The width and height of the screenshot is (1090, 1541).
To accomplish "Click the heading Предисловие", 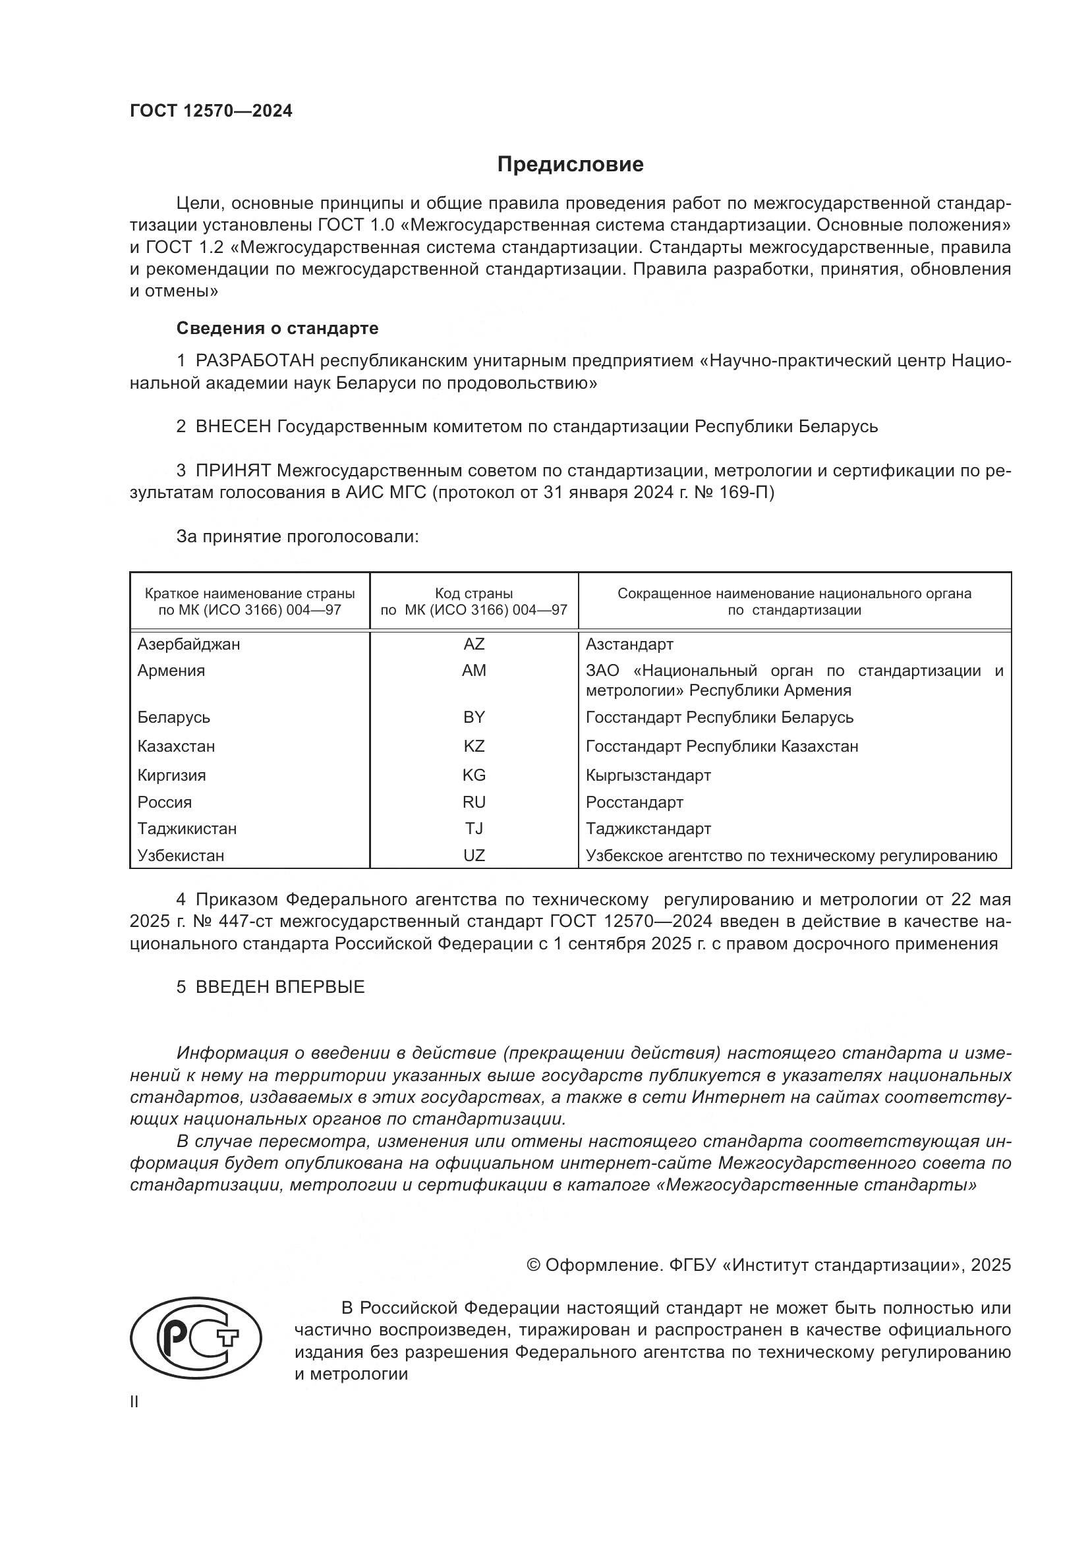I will tap(570, 165).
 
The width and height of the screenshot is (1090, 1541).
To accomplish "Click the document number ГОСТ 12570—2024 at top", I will tap(211, 111).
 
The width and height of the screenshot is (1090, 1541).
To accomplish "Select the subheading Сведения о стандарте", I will tap(277, 328).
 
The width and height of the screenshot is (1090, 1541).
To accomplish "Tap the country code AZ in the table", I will tap(473, 644).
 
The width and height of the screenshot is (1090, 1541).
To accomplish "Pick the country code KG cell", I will tap(473, 775).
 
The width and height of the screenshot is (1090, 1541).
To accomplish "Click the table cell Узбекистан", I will tap(181, 856).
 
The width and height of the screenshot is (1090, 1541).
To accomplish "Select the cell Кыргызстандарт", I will tap(648, 775).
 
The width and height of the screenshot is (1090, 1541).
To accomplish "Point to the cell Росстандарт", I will tap(634, 802).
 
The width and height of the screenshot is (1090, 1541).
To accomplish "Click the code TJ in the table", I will tap(473, 829).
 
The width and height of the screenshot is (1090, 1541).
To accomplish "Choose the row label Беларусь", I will tap(173, 717).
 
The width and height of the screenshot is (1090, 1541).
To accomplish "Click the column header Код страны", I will tap(473, 594).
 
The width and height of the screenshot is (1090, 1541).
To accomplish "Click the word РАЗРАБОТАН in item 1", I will tap(254, 361).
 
